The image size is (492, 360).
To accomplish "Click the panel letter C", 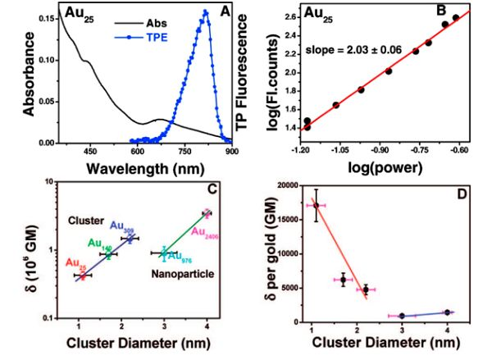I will pyautogui.click(x=210, y=191).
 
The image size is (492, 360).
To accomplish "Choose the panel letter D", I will pyautogui.click(x=467, y=194).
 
